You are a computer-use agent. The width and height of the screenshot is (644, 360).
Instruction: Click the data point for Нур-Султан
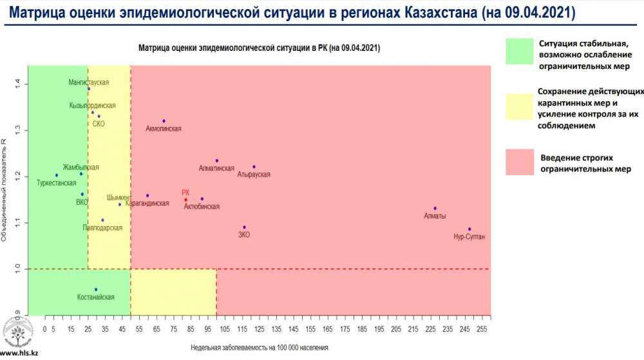click(469, 229)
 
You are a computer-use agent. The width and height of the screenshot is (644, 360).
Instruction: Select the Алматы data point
click(435, 209)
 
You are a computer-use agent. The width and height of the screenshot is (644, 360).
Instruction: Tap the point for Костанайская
click(96, 290)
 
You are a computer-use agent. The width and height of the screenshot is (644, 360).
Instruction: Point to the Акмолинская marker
click(164, 121)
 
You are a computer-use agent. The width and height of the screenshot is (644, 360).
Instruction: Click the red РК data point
click(185, 200)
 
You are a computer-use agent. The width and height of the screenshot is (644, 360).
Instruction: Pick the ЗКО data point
click(244, 227)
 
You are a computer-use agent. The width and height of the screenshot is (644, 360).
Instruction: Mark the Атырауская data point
click(254, 167)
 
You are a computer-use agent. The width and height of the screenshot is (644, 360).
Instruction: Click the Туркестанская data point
click(57, 175)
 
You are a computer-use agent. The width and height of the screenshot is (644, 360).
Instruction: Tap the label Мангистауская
click(89, 82)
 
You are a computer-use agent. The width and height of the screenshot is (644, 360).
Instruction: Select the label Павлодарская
click(102, 228)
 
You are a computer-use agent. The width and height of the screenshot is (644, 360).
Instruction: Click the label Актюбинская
click(202, 207)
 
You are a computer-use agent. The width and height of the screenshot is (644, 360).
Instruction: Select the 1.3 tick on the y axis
click(19, 130)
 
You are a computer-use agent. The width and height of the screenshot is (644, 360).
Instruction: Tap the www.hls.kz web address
click(18, 354)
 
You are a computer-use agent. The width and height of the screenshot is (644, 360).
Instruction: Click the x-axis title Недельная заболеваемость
click(260, 347)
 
